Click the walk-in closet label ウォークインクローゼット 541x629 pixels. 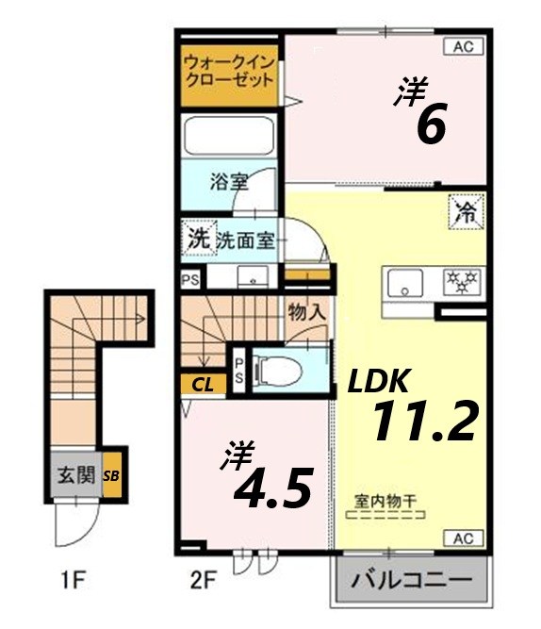[230, 71]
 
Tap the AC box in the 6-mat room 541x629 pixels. [464, 45]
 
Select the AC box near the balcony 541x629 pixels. [464, 538]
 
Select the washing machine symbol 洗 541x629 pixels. [198, 239]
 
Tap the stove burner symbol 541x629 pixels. [462, 281]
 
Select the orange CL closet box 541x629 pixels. [202, 384]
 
